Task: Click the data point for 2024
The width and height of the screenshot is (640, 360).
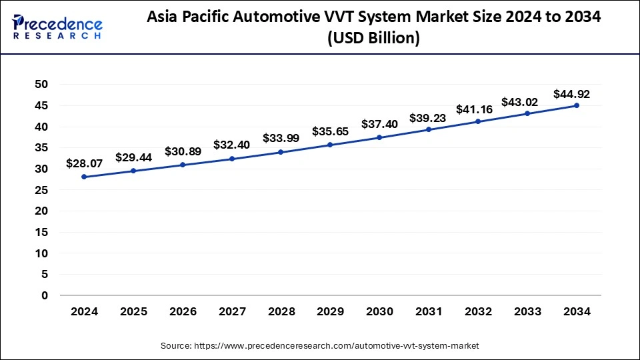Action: [84, 177]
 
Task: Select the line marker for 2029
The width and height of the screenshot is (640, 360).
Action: [330, 145]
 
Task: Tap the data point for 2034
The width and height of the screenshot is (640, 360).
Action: [577, 105]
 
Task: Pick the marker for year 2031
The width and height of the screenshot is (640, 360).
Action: [429, 129]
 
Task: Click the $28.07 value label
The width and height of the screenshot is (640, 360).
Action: [84, 163]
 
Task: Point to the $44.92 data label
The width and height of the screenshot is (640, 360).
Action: [571, 94]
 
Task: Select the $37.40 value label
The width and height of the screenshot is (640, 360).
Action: [379, 124]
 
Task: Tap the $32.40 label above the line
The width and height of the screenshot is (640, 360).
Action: [231, 144]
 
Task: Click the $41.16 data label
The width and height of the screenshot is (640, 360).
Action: [474, 109]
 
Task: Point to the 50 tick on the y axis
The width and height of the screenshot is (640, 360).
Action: [42, 84]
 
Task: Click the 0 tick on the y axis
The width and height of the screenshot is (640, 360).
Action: [45, 295]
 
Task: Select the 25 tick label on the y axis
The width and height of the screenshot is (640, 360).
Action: [42, 190]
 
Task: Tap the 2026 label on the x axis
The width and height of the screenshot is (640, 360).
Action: [183, 312]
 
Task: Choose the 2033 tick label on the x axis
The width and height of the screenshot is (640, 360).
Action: [527, 312]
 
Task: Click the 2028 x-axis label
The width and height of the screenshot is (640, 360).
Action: [281, 312]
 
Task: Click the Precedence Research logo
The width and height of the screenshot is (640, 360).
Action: [57, 27]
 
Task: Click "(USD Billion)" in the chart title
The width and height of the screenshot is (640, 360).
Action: [373, 39]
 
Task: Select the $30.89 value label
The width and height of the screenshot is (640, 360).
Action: [183, 152]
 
